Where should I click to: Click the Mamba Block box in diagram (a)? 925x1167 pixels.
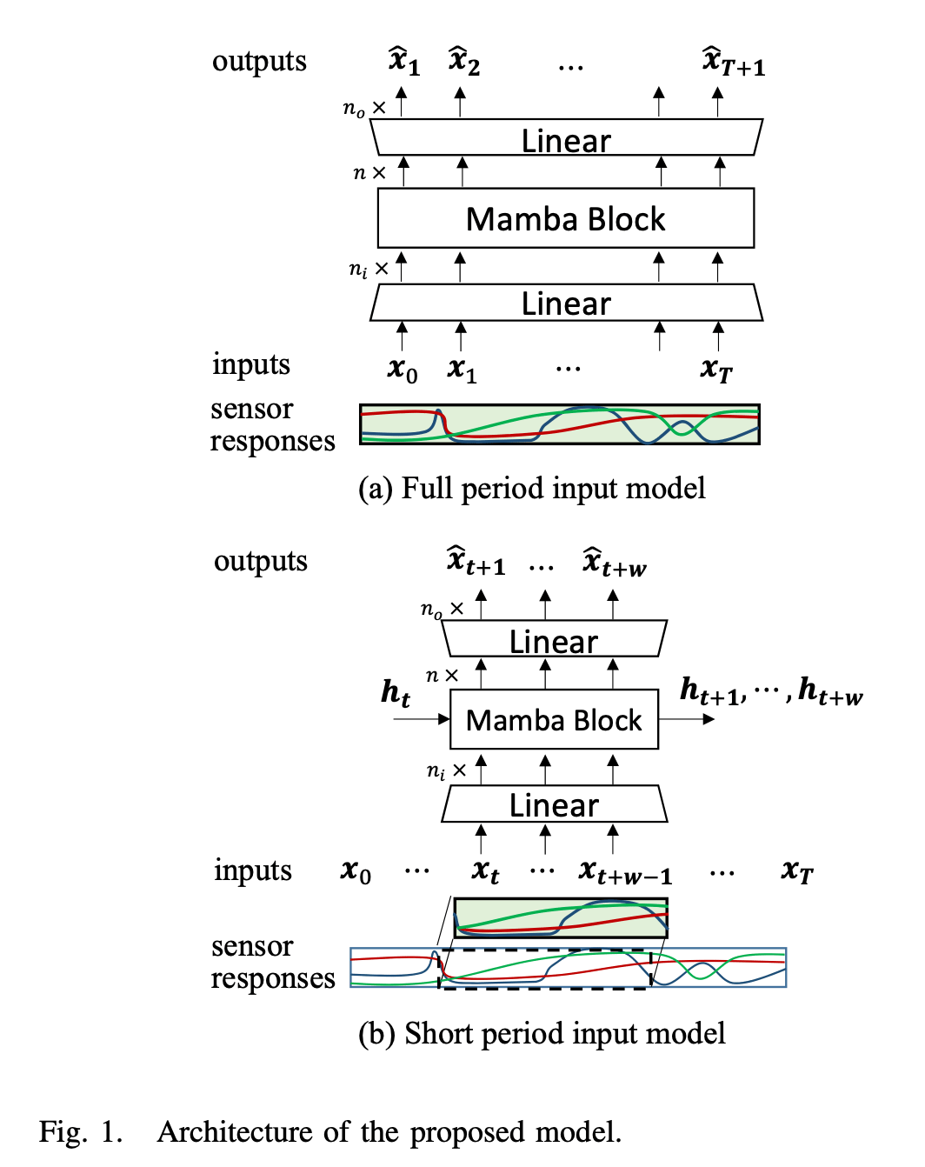click(565, 218)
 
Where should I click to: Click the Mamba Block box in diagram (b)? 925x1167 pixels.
click(554, 720)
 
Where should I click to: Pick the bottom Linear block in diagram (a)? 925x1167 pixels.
click(566, 303)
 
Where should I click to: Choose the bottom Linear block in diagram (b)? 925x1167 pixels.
click(554, 804)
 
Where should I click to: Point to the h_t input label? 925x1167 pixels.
click(396, 692)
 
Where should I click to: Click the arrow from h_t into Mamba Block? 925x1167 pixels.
click(422, 719)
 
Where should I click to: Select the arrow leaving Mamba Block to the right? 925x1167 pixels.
click(687, 719)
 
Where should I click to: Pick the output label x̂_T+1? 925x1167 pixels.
click(733, 62)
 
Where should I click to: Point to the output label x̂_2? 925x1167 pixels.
click(464, 62)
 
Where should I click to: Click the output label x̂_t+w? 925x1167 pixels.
click(615, 563)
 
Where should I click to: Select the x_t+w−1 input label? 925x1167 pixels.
click(625, 871)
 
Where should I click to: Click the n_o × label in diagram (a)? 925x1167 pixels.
click(364, 109)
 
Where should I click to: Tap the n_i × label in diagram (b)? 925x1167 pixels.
click(446, 770)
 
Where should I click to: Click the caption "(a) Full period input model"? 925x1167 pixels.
click(531, 489)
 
